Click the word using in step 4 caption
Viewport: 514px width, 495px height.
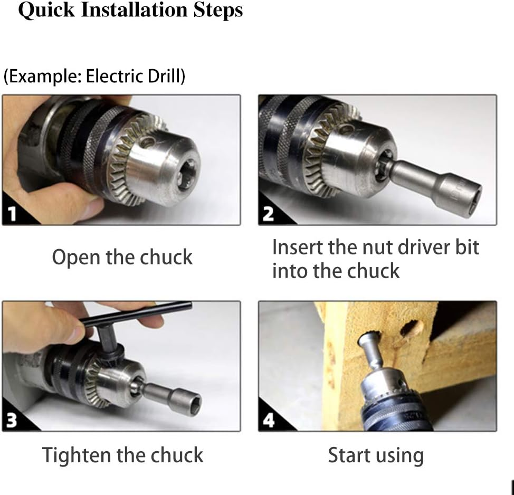pos(401,456)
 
